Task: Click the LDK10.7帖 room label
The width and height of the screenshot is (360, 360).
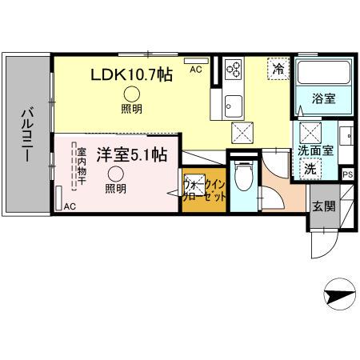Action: (x=130, y=74)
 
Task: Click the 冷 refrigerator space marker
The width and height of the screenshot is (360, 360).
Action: (x=277, y=70)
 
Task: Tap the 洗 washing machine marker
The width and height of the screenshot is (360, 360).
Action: (x=308, y=169)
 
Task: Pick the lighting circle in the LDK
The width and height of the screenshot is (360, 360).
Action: (x=129, y=94)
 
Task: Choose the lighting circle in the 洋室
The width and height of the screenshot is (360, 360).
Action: (x=115, y=175)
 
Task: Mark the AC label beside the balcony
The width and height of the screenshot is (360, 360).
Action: (x=70, y=206)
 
